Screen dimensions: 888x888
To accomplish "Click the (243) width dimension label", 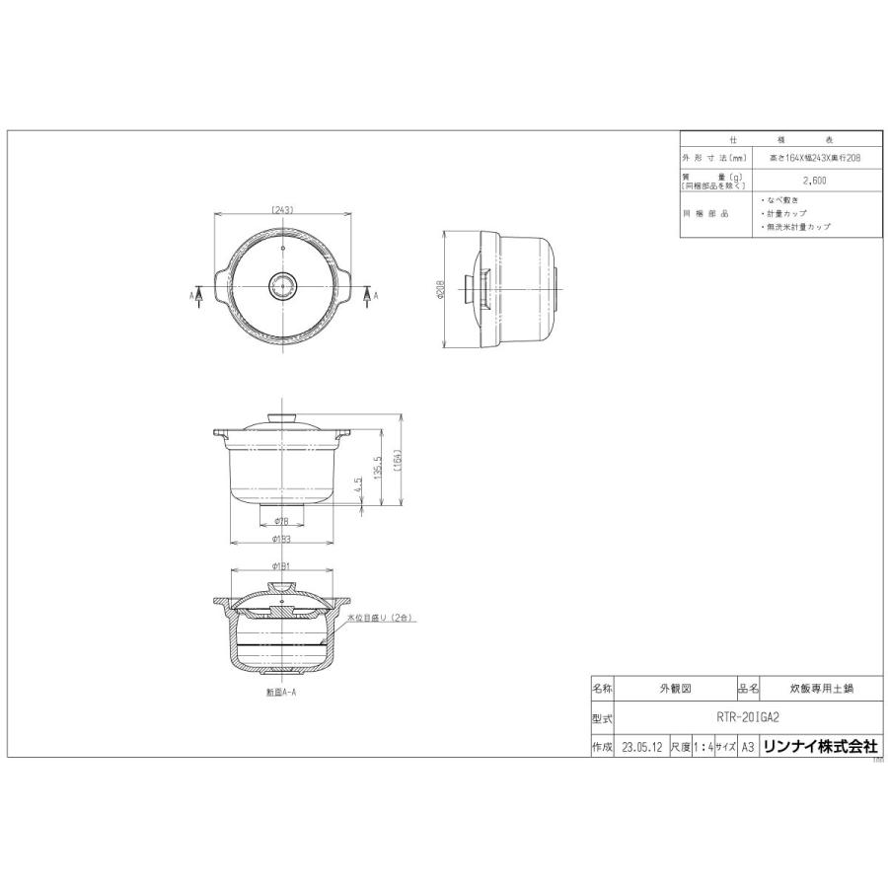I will tap(281, 209).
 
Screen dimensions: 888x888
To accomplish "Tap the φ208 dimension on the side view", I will tap(441, 290).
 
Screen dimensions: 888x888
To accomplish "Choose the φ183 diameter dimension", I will tap(281, 539).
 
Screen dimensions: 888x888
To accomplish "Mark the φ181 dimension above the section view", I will tap(281, 567).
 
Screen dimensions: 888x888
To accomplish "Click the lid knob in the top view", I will tap(281, 287).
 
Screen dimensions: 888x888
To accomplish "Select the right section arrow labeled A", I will tap(366, 294).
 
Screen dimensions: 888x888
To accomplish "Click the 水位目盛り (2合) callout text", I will tap(383, 617).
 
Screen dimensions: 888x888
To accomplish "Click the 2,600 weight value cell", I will tap(814, 181).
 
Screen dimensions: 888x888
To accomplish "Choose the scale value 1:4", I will tap(703, 748).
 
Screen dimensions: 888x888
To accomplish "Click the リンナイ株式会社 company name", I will tap(819, 748).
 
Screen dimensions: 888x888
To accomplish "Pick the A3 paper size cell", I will tap(747, 748).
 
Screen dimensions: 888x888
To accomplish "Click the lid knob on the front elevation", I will tap(281, 416).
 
